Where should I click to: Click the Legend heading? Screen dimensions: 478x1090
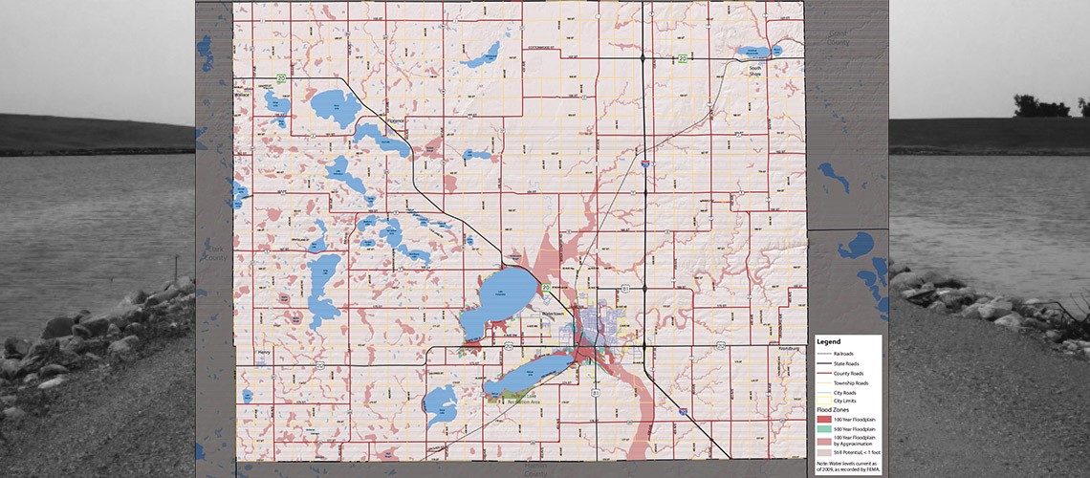(828, 341)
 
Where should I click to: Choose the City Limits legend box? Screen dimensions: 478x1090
(823, 402)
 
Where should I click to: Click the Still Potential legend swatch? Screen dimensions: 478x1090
(823, 450)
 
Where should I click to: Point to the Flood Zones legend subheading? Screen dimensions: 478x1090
(832, 410)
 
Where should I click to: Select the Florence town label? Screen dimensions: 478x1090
(396, 120)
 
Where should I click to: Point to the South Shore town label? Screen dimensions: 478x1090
(754, 69)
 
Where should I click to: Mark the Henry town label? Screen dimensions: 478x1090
(265, 352)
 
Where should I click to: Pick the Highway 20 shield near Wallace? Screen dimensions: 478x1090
(281, 77)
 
